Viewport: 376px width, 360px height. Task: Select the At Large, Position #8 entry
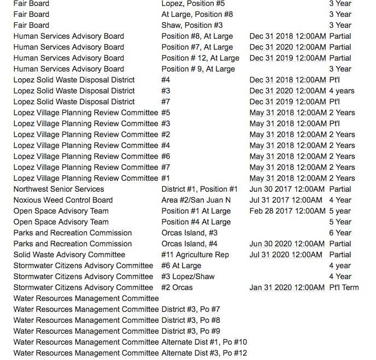tap(197, 14)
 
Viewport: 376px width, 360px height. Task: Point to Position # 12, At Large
tap(200, 58)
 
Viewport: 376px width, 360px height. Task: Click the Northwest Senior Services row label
tap(58, 189)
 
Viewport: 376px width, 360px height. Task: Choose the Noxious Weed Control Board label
tap(63, 200)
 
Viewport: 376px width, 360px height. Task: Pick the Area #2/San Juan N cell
tap(196, 200)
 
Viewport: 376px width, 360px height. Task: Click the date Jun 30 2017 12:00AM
tap(287, 189)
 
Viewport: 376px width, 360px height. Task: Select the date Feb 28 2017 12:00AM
tap(287, 211)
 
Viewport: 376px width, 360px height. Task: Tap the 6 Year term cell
tap(340, 233)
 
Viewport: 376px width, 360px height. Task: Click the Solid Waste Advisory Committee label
tap(69, 255)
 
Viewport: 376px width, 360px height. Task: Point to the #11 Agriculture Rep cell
tap(195, 255)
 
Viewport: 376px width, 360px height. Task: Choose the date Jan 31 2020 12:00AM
tap(287, 287)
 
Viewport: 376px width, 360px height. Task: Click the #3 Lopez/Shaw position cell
tap(188, 276)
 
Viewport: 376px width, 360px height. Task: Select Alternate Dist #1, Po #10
tap(204, 342)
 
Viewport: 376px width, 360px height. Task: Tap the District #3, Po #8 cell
tap(191, 320)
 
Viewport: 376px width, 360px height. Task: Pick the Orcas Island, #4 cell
tap(189, 244)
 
